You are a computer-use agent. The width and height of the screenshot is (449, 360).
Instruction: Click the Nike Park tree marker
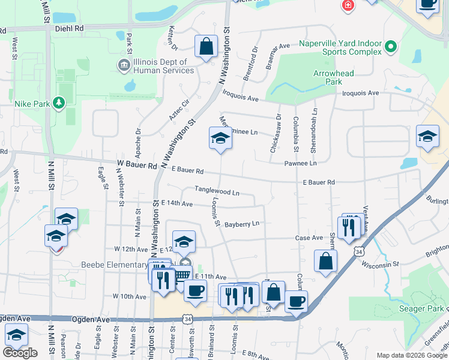pos(58,104)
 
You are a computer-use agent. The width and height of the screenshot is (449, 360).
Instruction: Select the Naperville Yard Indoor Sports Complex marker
pos(391,46)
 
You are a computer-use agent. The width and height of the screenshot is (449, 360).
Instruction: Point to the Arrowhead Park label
pos(334,77)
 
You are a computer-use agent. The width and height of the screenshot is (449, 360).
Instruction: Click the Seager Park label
pos(421,309)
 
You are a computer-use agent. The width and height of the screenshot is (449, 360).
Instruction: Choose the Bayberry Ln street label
pos(242,224)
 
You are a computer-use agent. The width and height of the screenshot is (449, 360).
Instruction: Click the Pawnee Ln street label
pos(300,163)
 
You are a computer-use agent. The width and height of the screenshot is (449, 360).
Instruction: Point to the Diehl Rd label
pos(67,28)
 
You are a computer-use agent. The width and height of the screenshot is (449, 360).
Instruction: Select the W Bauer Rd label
pos(137,164)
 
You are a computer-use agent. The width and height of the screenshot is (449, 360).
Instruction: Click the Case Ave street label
pos(309,238)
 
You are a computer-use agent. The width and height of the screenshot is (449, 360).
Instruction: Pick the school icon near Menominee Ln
pos(220,139)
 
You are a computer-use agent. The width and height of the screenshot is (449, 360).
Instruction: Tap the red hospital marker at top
pos(348,6)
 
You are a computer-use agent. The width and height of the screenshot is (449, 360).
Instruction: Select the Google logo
pos(20,352)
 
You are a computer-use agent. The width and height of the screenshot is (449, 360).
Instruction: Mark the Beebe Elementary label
pos(114,265)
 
